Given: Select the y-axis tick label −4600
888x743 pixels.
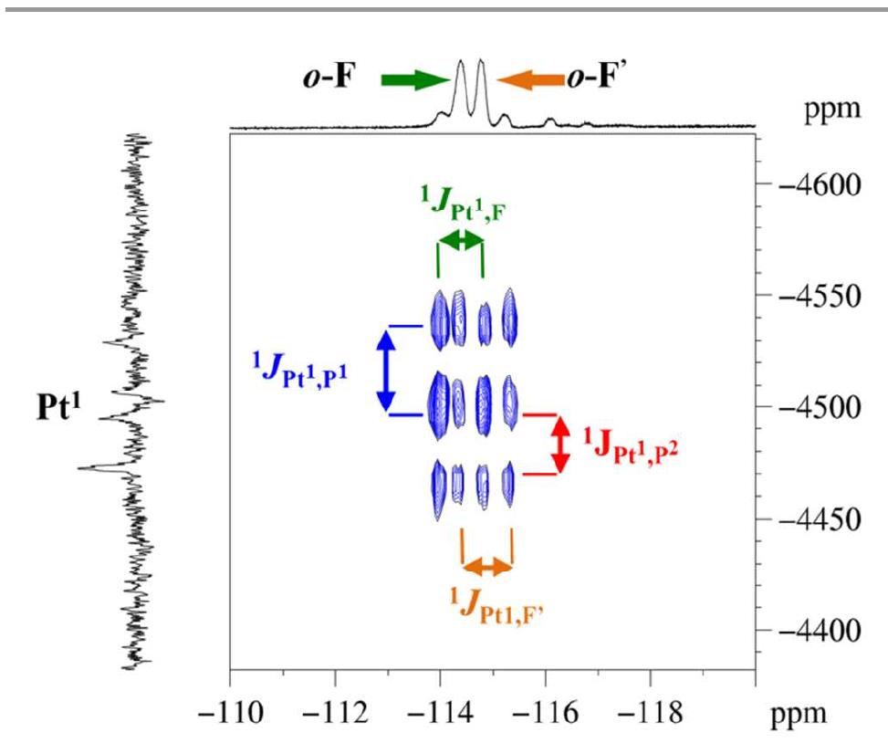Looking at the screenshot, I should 818,184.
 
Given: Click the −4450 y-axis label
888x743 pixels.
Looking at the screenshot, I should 818,519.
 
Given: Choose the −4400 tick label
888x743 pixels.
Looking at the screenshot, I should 818,631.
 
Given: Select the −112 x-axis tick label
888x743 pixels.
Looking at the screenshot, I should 335,712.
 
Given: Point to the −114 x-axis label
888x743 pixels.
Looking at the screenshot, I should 440,712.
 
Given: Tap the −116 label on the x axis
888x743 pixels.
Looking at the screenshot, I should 545,712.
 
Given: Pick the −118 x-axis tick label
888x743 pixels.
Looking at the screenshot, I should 651,712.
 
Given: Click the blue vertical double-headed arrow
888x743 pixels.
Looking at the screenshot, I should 385,370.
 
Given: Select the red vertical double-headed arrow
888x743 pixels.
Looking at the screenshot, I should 561,445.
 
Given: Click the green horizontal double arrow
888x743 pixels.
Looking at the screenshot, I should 461,240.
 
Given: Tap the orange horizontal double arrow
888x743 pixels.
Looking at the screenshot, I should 488,567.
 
